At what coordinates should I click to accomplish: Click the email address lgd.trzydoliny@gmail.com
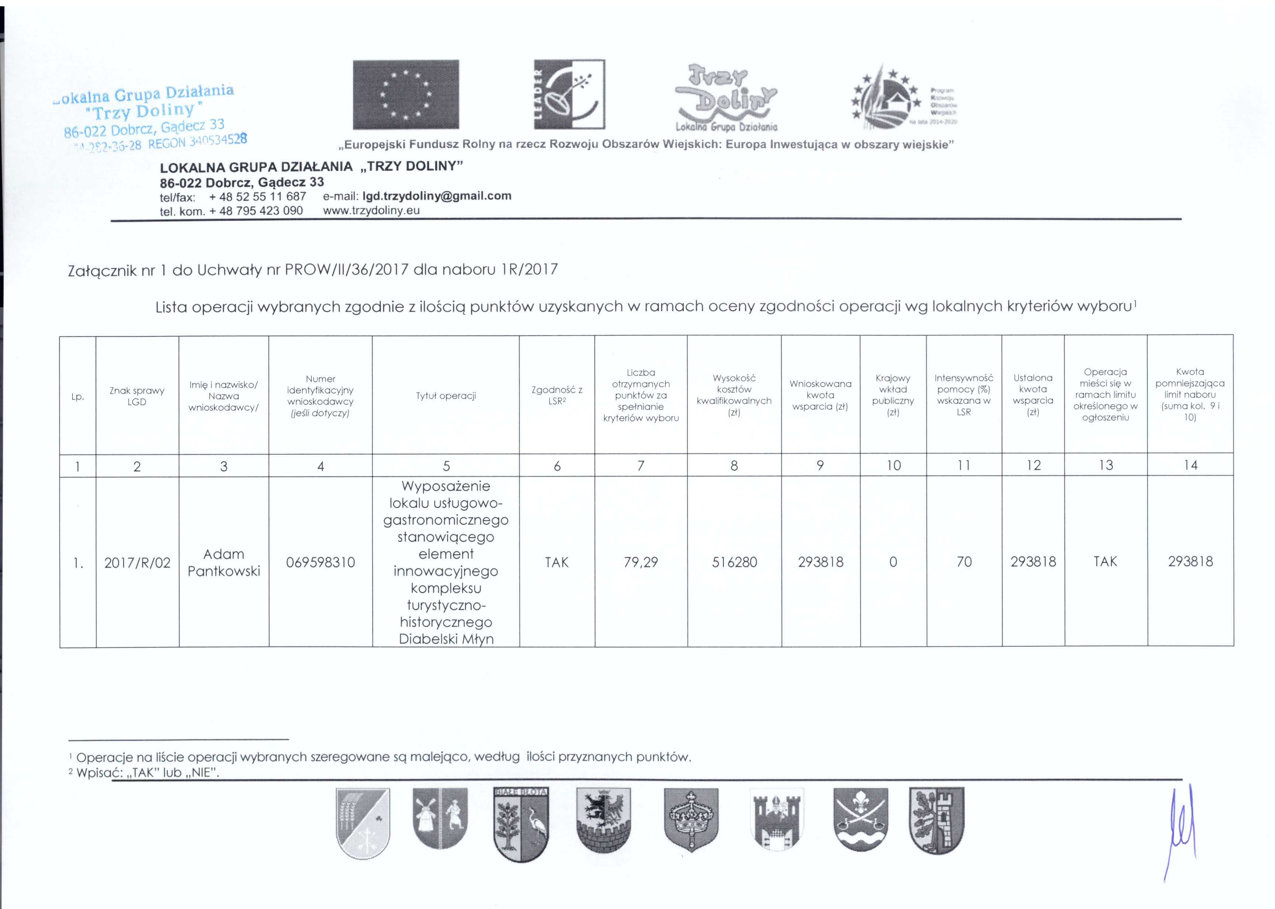tap(436, 196)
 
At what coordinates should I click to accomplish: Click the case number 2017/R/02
tap(137, 563)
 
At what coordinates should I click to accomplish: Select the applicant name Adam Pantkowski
tap(224, 563)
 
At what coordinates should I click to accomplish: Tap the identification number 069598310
tap(320, 563)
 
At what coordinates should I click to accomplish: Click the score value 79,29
tap(641, 562)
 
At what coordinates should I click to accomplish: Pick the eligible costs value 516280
tap(734, 562)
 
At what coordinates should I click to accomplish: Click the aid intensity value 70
tap(964, 562)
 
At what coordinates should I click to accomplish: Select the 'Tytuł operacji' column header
tap(446, 396)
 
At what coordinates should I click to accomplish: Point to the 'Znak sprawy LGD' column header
tap(137, 396)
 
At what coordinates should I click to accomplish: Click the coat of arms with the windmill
tap(440, 818)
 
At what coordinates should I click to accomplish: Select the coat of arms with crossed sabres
tap(860, 818)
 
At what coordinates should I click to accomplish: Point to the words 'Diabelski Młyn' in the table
tap(446, 639)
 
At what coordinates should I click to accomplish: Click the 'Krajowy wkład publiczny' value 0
tap(893, 562)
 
